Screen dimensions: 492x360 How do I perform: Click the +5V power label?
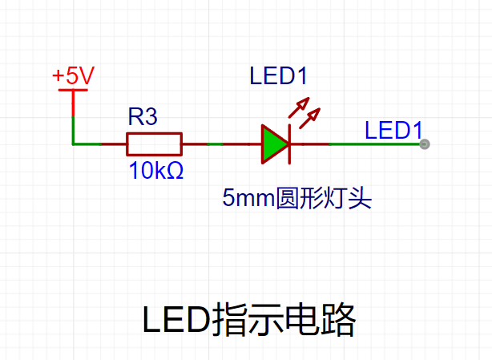[73, 75]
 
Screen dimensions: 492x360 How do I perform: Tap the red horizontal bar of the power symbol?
[73, 90]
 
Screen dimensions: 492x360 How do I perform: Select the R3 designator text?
[143, 117]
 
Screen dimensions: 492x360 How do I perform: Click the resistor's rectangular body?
[155, 144]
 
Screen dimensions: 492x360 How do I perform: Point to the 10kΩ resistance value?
[156, 171]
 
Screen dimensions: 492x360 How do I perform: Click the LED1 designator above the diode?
[278, 76]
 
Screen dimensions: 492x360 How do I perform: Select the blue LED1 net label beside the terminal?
[393, 130]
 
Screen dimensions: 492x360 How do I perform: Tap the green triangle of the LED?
[275, 144]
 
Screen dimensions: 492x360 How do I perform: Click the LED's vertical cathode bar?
[289, 144]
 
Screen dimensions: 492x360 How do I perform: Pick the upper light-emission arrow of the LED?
[299, 107]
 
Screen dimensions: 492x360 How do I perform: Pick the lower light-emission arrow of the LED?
[309, 119]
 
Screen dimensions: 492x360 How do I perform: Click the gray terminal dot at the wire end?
[425, 144]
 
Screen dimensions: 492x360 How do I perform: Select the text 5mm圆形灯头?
[296, 198]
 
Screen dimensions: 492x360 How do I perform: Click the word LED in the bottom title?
[176, 320]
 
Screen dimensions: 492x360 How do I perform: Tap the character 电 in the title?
[301, 320]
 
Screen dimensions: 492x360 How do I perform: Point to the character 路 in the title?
[338, 320]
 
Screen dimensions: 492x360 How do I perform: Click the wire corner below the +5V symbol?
[73, 144]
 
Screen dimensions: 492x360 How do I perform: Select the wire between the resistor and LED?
[222, 144]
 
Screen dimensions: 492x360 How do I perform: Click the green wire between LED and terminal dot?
[374, 144]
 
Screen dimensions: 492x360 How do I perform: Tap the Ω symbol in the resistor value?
[175, 171]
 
